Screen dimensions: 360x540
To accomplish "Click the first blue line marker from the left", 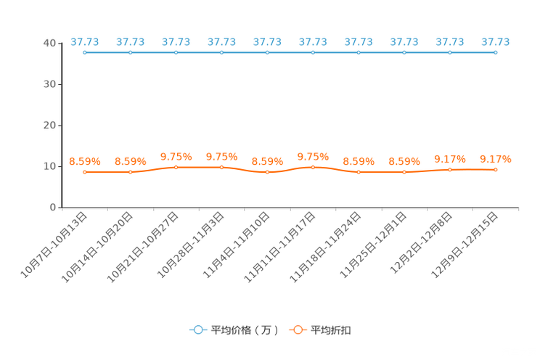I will coord(85,52).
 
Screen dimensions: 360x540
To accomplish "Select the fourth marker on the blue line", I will coord(221,52).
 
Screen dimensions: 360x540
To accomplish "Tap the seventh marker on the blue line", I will coord(359,52).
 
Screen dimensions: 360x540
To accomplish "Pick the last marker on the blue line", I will coord(495,52).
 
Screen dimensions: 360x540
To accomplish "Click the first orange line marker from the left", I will coord(85,172).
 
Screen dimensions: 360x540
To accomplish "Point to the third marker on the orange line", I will coord(176,167).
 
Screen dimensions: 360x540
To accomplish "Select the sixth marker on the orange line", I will coord(313,167).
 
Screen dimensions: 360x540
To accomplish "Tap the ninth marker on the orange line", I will coord(450,169).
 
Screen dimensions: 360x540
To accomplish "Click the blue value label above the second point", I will coord(131,41).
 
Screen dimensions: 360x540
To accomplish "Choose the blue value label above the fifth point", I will coord(267,41).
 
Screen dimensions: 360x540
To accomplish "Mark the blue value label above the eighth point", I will coord(404,41).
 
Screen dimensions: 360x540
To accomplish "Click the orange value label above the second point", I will coord(131,161).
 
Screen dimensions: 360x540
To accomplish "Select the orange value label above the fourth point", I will coord(221,156).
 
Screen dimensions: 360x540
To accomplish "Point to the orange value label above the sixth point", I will coord(313,156).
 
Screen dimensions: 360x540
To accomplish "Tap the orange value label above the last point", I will coord(496,158).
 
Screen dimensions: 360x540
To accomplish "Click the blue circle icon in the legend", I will coord(197,330).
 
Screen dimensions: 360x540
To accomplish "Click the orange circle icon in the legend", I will coord(298,330).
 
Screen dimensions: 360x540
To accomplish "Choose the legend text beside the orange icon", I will coord(331,330).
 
